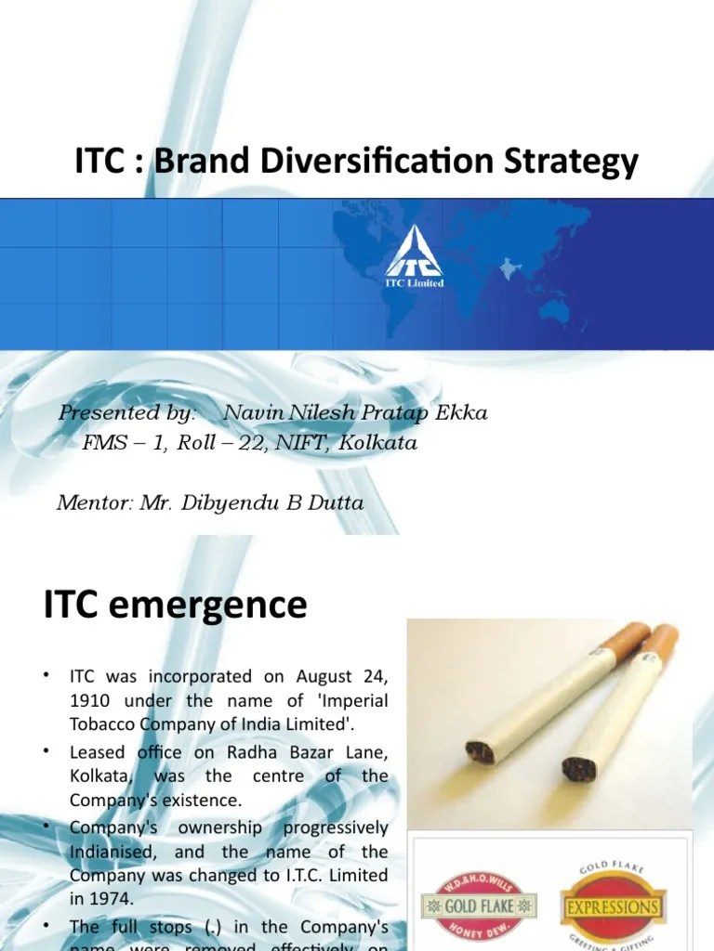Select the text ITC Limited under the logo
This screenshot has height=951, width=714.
click(416, 282)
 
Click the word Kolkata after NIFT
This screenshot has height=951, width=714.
click(378, 443)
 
